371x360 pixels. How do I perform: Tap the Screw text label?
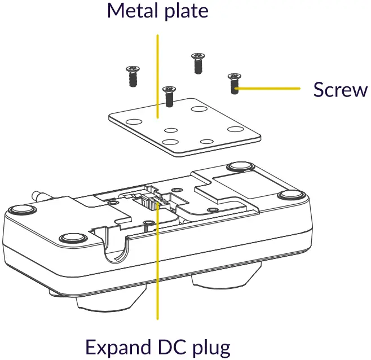(x=340, y=90)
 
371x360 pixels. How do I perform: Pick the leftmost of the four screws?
(x=132, y=74)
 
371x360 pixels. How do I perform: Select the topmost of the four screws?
(x=197, y=62)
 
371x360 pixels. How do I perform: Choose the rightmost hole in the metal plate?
(x=234, y=129)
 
